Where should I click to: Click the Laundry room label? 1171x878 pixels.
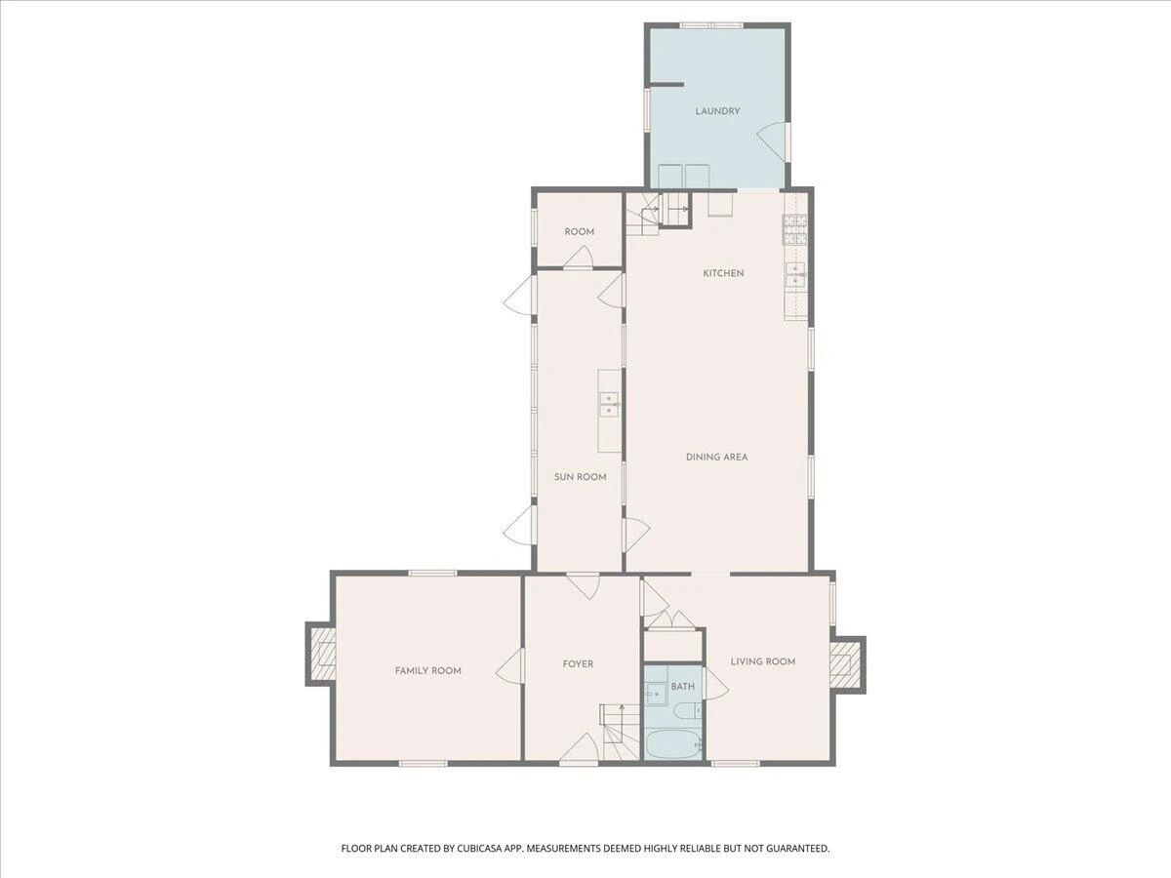tap(717, 111)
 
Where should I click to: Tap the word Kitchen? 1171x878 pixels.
tap(723, 273)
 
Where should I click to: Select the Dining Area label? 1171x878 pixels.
tap(716, 457)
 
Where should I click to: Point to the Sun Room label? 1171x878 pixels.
tap(580, 477)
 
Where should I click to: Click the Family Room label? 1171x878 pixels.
tap(427, 670)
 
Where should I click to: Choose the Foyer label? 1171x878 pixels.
tap(578, 663)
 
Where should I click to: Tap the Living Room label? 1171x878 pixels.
tap(763, 661)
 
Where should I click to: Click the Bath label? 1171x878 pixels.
tap(683, 687)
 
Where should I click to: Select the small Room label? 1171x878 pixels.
tap(580, 232)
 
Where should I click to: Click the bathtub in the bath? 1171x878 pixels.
tap(673, 744)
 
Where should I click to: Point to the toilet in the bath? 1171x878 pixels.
tap(688, 710)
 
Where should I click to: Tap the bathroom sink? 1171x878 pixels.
tap(655, 694)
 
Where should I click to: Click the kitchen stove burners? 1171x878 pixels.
tap(795, 228)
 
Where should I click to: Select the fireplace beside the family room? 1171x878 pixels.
tap(322, 653)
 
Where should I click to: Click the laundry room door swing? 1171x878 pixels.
tap(772, 141)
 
